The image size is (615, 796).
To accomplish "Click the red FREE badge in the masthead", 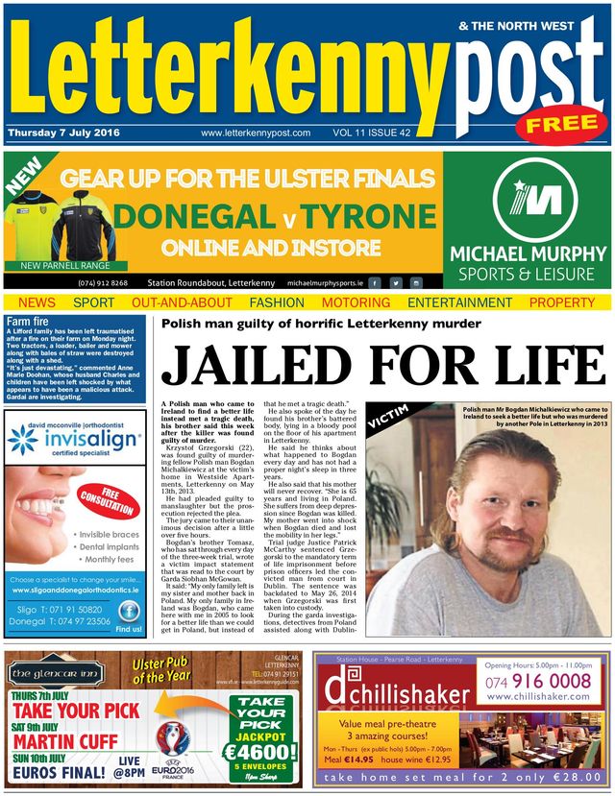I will coord(561,124).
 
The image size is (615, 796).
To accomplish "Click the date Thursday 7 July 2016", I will coord(63,133).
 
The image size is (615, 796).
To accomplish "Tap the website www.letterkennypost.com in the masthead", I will coord(256,133).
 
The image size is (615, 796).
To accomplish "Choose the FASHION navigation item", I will coord(277,302).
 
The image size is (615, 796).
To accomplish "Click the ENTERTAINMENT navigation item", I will coord(458,302).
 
